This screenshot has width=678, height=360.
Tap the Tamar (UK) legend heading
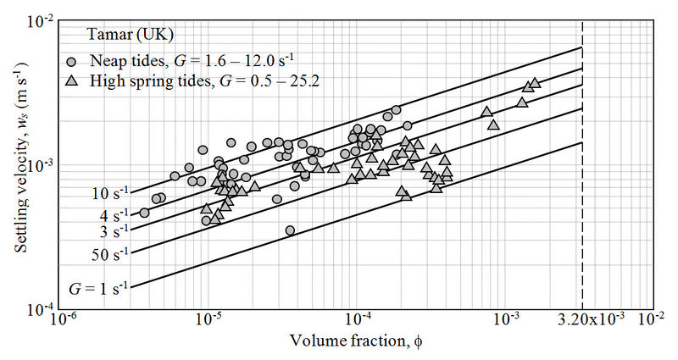131,36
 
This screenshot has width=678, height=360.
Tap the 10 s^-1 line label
110,193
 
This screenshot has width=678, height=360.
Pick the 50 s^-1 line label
110,252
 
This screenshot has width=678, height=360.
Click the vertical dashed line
582,169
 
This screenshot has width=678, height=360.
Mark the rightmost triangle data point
535,83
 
